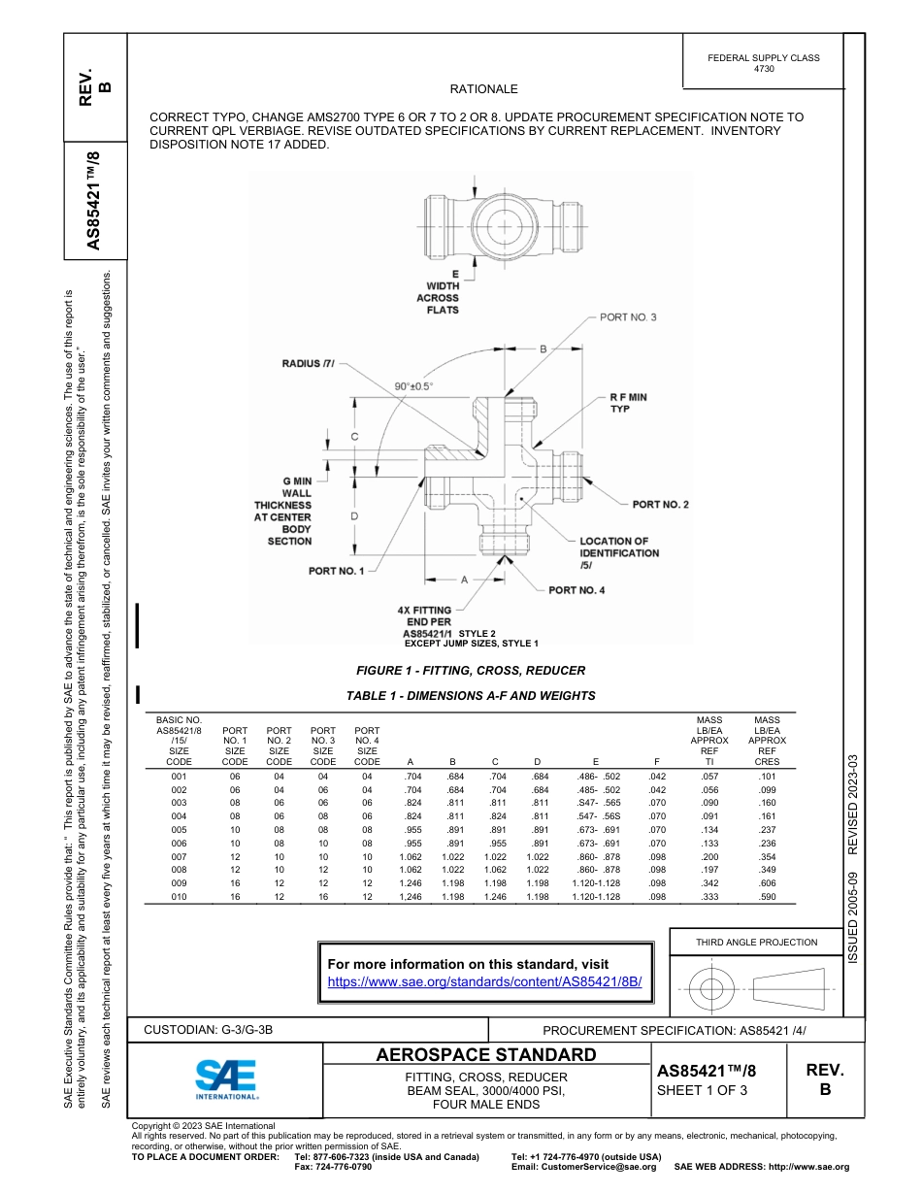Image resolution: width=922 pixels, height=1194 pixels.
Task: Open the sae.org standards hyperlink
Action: pos(484,981)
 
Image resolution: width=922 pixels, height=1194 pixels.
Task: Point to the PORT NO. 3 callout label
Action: pos(628,317)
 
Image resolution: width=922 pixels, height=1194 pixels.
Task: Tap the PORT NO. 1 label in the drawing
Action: pos(336,571)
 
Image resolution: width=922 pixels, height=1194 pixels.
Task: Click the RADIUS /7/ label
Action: pos(308,364)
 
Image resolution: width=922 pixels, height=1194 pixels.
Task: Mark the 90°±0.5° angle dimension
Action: pos(413,385)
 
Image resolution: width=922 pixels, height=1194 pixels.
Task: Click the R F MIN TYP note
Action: pos(628,403)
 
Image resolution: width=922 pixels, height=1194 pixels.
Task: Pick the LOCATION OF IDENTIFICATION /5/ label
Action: pos(618,553)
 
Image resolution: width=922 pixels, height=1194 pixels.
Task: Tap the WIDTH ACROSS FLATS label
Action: pos(438,292)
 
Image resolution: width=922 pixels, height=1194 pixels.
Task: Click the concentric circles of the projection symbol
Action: pos(711,988)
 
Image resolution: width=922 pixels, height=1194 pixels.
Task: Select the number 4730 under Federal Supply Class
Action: pos(764,70)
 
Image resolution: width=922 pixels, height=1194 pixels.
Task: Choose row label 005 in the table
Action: pos(179,831)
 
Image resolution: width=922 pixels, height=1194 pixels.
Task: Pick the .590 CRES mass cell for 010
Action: pos(767,898)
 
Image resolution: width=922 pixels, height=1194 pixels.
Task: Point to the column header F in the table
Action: pos(657,762)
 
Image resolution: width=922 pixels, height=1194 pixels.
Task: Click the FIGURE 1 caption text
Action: pos(471,671)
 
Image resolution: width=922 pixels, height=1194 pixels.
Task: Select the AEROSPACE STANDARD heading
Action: pos(486,1055)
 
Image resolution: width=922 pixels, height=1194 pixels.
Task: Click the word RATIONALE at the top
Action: pos(483,88)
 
